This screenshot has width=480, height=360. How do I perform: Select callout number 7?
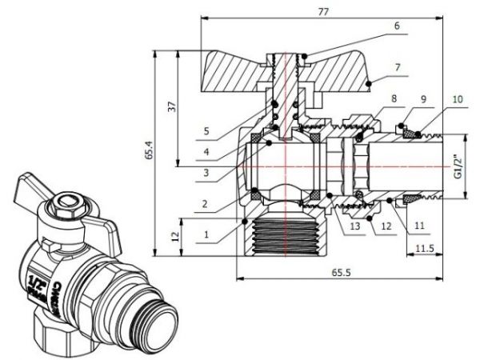pyautogui.click(x=395, y=66)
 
